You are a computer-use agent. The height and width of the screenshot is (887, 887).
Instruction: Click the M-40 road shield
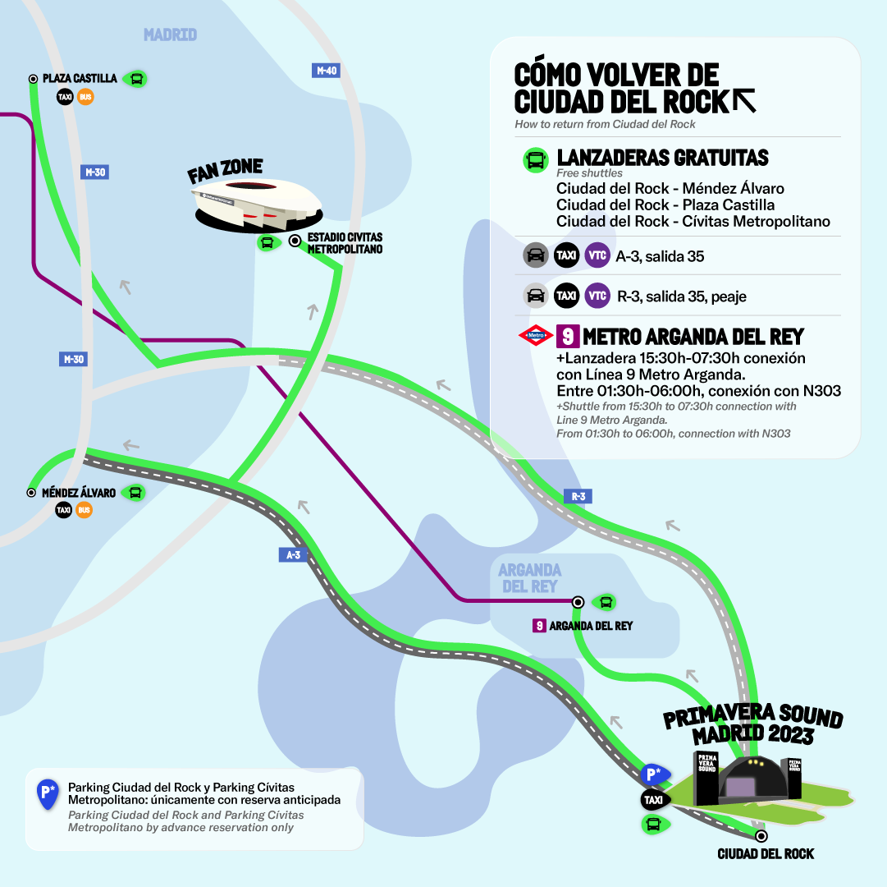327,71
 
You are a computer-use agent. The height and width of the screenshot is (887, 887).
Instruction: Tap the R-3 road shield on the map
578,496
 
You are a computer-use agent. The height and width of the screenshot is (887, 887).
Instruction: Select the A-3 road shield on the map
293,555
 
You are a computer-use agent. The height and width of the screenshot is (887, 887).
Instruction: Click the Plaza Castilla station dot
33,79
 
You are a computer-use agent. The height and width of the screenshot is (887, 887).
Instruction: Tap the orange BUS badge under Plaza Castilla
85,98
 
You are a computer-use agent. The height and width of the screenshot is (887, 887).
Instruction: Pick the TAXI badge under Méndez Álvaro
64,510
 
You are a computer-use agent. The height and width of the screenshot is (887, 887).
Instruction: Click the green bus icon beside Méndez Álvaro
135,493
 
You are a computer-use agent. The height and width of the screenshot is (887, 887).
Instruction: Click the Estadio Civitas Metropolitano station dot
295,241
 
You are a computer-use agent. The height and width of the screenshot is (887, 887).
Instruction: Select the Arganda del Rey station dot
578,601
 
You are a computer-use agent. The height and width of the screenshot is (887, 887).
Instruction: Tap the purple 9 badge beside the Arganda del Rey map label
539,626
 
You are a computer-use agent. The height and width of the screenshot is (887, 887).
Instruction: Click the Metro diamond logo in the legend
535,335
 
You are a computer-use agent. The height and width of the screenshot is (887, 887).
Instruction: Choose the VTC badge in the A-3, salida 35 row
597,256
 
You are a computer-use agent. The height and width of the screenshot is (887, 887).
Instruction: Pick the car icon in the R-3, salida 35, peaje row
536,296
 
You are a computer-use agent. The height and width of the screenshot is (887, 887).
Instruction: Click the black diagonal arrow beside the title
744,100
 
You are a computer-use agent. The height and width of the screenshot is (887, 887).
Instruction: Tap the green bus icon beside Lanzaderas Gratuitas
535,160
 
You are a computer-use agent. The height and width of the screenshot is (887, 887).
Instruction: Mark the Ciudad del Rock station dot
761,835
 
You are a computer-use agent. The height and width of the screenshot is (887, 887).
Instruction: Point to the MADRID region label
170,34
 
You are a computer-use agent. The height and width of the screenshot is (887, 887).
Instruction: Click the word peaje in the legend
727,296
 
